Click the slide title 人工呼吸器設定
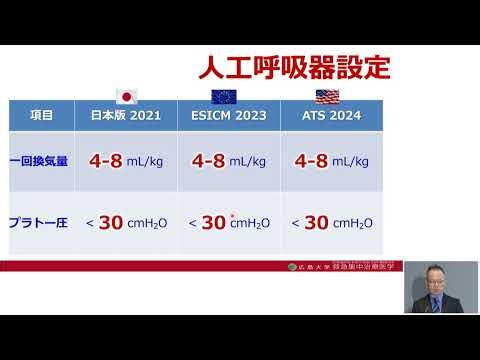coord(292,70)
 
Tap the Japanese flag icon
coord(127,97)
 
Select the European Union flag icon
coord(224,97)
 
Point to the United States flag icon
coord(328,97)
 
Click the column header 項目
coord(41,115)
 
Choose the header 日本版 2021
coord(127,115)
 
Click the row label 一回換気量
coord(39,160)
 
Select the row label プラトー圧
coord(39,222)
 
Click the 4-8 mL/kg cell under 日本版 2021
coord(127,160)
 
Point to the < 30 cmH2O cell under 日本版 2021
coord(127,222)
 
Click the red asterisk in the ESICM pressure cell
coord(232,215)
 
